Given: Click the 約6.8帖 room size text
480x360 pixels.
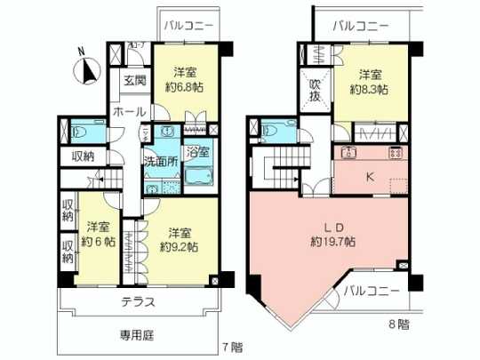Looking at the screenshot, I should [184, 87].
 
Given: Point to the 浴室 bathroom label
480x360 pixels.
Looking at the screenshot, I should [197, 151].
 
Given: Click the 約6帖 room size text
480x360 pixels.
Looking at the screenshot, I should [98, 241].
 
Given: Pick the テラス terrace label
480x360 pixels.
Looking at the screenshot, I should [139, 301].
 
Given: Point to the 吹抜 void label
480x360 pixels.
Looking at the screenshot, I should [316, 91].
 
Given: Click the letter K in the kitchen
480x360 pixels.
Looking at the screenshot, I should [369, 176].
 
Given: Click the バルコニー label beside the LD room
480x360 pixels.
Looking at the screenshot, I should [372, 292].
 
